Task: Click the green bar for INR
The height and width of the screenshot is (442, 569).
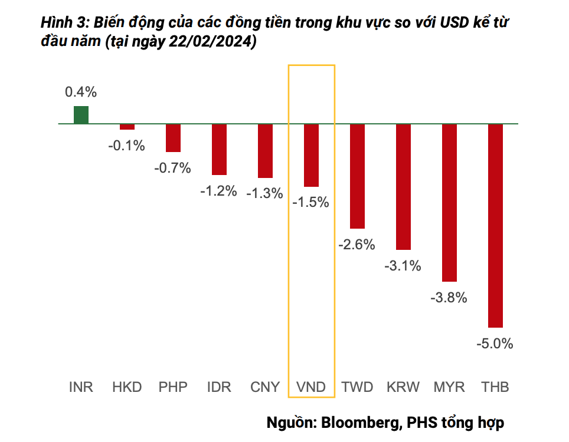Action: coord(81,116)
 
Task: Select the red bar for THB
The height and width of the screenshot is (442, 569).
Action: coord(495,225)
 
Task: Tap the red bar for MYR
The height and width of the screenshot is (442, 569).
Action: coord(449,203)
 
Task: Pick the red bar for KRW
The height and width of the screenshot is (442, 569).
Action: coord(403,187)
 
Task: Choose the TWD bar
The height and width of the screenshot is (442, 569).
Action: coord(357,176)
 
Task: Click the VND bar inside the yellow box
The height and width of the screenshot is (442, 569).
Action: coord(311,155)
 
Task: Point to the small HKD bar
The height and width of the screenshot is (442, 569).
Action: coord(127,127)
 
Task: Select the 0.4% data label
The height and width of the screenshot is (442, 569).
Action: coord(81,92)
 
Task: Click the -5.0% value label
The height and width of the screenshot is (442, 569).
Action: coord(495,344)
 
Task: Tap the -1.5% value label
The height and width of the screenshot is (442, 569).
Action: coord(310,202)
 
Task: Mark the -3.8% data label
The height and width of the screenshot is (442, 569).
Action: coord(449,298)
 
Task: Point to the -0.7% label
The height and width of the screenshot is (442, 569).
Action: coord(172,168)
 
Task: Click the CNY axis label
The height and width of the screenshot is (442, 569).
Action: coord(265,387)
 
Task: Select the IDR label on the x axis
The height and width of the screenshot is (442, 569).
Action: coord(219,387)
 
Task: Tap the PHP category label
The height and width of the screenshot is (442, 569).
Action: coord(173,387)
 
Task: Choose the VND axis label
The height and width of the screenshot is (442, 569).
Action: coord(310,387)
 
